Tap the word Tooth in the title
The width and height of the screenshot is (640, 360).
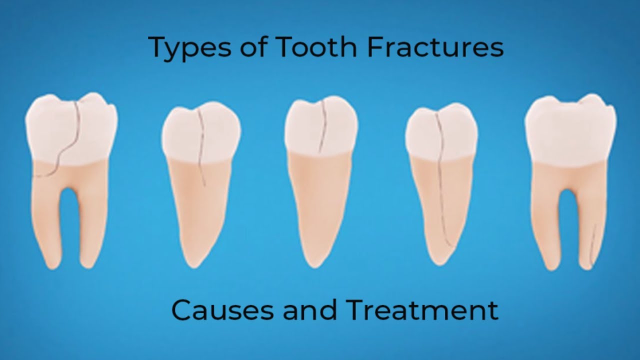(315, 47)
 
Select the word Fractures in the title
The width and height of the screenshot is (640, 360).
(434, 47)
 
